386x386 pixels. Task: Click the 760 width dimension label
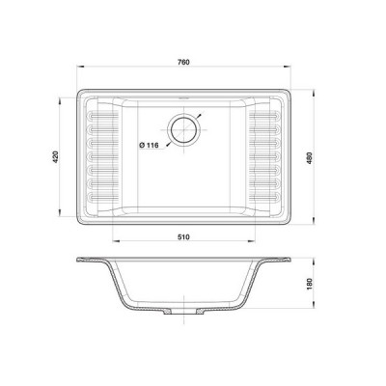[x=183, y=62]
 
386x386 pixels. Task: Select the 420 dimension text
[x=56, y=156]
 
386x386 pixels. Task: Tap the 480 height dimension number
[x=310, y=158]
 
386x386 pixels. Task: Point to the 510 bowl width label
[x=183, y=237]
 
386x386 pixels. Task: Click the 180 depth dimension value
[x=310, y=283]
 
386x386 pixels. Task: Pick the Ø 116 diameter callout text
[x=149, y=145]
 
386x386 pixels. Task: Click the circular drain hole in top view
[x=183, y=129]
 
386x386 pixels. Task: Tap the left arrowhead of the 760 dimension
[x=80, y=67]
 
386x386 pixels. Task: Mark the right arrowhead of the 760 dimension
[x=287, y=67]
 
